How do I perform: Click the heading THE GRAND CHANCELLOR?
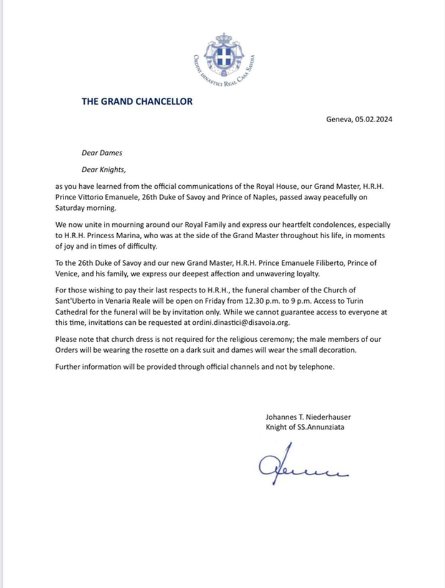coord(137,101)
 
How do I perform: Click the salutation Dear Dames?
coord(102,152)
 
